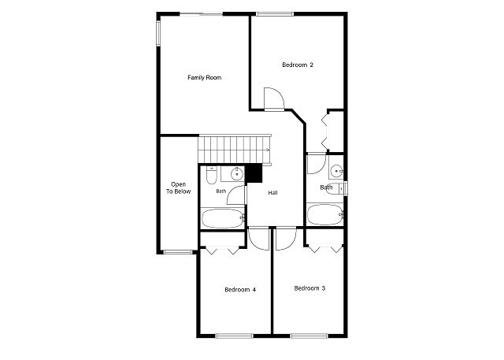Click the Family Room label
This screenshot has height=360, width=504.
tap(205, 77)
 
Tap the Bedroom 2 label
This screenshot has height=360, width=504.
tap(298, 65)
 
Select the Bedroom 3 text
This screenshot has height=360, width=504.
tap(309, 288)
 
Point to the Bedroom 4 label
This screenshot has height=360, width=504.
tap(240, 290)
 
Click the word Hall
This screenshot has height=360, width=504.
tap(273, 192)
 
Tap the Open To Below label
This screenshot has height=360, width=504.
tap(178, 188)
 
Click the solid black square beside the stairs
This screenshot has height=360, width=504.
tap(254, 173)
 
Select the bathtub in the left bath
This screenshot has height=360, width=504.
tap(224, 218)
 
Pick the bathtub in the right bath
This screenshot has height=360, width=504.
tap(325, 214)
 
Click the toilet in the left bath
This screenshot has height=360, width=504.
tap(211, 176)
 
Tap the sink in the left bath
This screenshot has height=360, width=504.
tap(237, 174)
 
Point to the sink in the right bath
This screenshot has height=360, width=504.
tap(337, 171)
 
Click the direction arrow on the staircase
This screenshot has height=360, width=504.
tap(268, 150)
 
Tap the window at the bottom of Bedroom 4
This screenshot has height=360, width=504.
tap(235, 336)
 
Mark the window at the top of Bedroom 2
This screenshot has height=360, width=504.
tap(275, 14)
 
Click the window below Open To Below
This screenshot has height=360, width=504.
tap(178, 252)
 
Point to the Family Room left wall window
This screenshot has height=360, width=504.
tap(158, 33)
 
